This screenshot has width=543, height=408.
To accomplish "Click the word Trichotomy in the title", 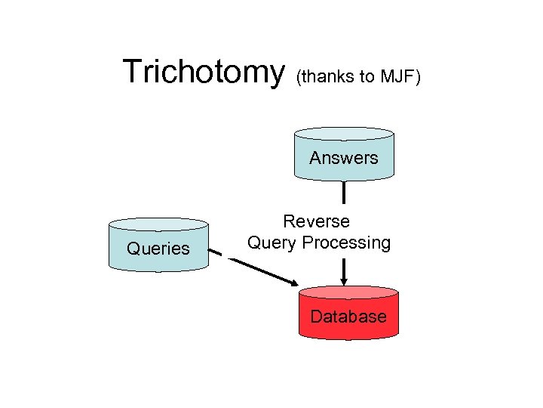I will (203, 72).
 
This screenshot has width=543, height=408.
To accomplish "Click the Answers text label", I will (343, 158).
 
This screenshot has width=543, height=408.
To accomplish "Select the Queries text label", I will (158, 249).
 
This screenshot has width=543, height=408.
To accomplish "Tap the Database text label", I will (348, 317).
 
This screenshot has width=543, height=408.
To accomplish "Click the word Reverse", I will (316, 221).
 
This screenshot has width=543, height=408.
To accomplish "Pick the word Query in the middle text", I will (273, 243).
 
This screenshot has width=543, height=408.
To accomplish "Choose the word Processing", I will (346, 243).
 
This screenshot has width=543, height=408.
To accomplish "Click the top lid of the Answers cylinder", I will (344, 134).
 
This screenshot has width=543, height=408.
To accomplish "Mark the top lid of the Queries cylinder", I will (158, 224).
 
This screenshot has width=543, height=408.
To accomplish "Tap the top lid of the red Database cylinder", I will (348, 292).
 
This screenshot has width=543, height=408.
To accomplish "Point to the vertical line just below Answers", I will (344, 193).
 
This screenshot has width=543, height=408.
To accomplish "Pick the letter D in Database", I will (316, 317).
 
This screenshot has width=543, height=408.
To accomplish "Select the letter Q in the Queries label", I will (133, 249).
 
